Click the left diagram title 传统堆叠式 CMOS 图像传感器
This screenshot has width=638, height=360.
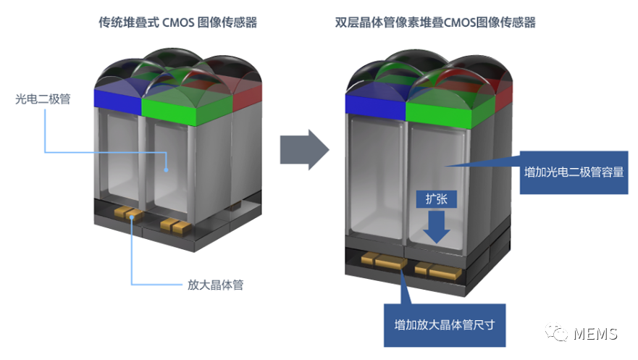178,22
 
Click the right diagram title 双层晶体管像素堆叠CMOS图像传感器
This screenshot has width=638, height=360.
435,22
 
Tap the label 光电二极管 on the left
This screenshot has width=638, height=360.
43,99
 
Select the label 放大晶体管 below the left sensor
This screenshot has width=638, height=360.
215,285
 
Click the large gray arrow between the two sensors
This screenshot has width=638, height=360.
304,150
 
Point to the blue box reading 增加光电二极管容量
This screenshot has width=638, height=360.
574,172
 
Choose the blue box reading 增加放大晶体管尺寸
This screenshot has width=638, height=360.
445,325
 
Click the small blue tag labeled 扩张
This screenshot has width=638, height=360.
436,199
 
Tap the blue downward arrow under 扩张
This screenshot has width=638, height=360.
436,227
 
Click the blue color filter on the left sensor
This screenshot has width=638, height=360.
117,100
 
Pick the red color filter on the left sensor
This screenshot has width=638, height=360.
247,98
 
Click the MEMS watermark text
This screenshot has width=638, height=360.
595,334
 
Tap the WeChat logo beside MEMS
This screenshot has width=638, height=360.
556,332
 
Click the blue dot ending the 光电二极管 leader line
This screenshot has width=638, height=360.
166,169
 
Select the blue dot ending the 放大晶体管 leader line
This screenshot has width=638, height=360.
132,217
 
